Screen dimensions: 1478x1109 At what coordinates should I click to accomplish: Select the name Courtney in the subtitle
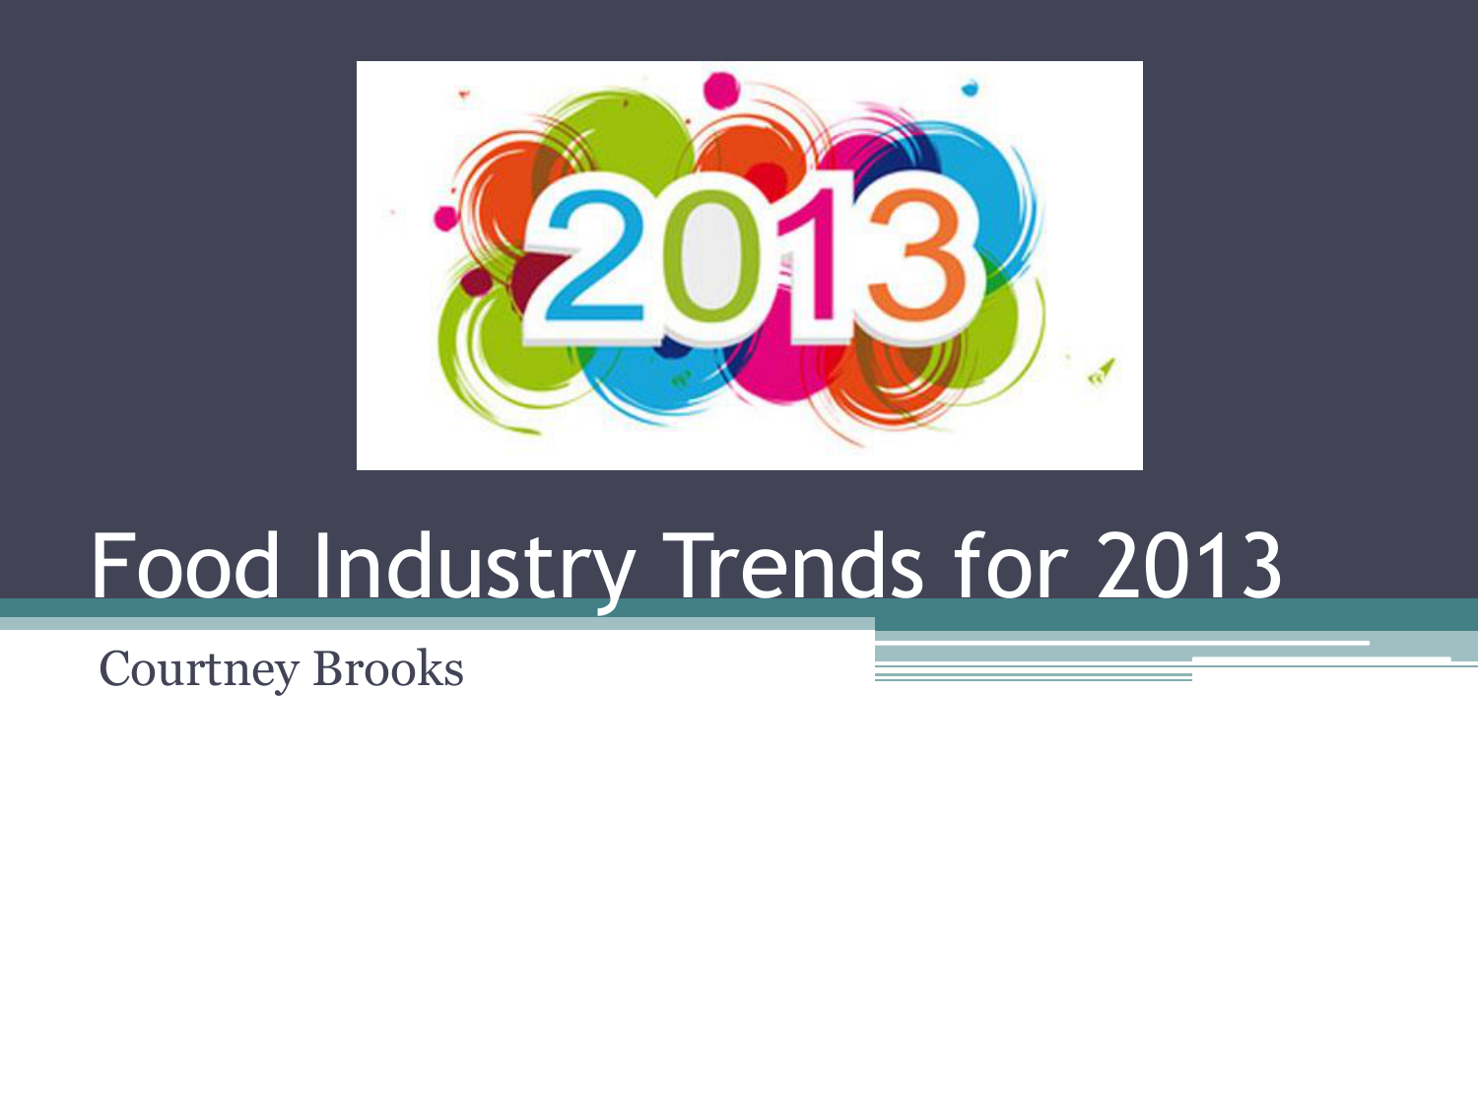199,670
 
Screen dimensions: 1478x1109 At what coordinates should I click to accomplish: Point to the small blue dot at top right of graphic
970,88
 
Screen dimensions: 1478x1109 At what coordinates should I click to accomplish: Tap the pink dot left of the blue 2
445,219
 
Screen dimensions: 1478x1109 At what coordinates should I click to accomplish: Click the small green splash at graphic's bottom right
1102,372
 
